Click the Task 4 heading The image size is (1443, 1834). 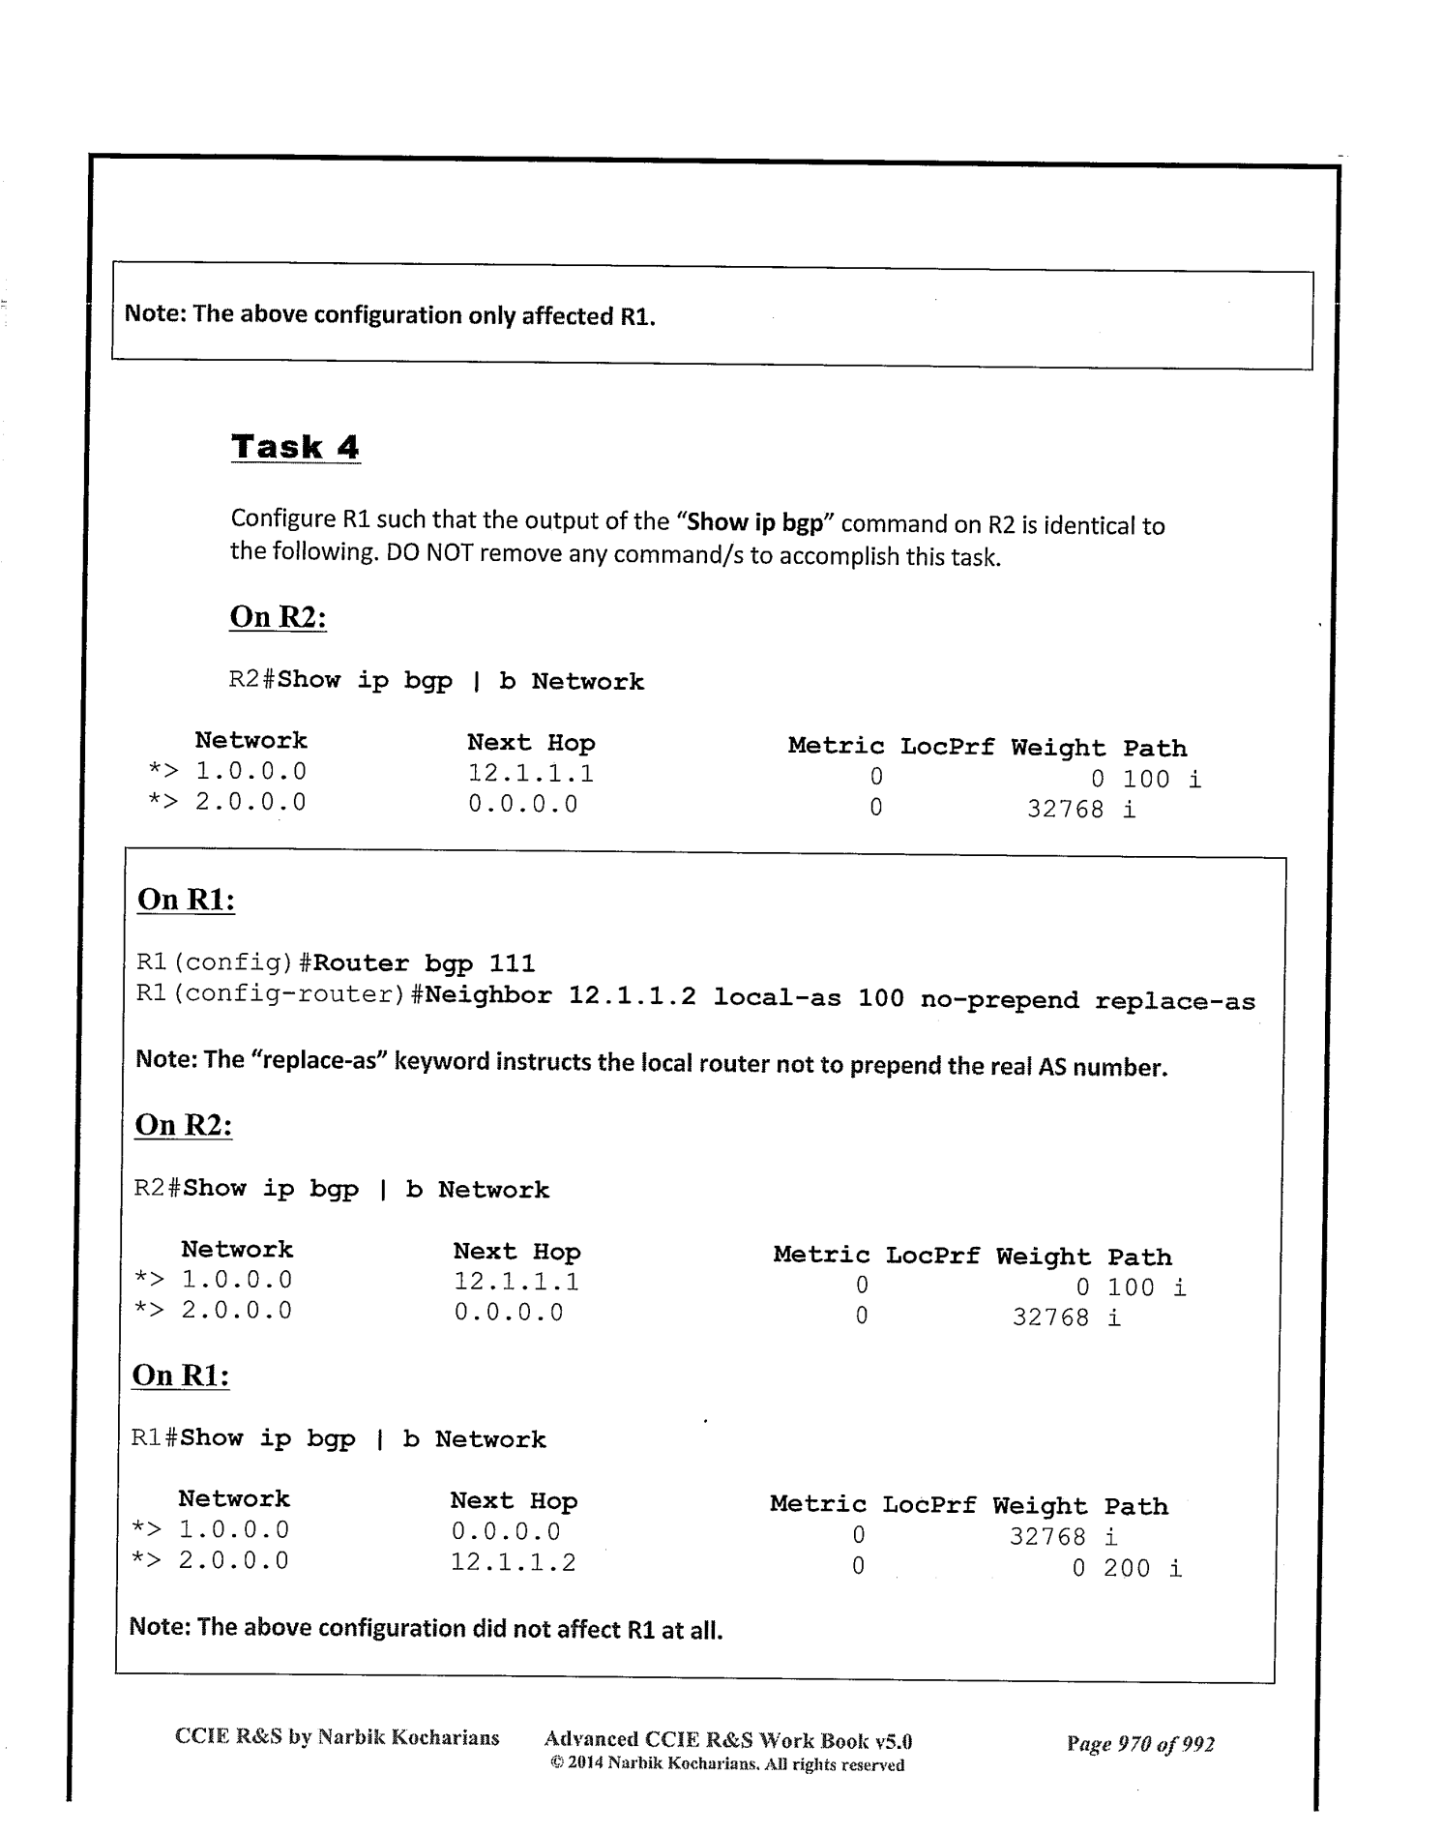tap(295, 447)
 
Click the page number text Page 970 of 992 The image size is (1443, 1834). tap(1140, 1744)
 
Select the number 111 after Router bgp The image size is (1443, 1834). tap(512, 963)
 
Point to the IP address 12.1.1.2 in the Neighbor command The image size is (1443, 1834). tap(632, 996)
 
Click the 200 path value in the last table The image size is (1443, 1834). tap(1127, 1568)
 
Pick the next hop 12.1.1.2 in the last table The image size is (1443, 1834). tap(513, 1562)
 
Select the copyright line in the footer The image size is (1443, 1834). tap(727, 1764)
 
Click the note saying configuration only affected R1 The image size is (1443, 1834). tap(390, 315)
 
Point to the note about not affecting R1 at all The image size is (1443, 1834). tap(426, 1629)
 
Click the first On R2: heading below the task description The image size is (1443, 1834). tap(278, 616)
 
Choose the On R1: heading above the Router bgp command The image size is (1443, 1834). tap(186, 899)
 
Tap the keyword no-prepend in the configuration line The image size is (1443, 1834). tap(999, 1000)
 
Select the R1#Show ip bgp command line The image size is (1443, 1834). tap(339, 1438)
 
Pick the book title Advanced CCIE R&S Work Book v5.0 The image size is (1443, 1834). tap(728, 1741)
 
